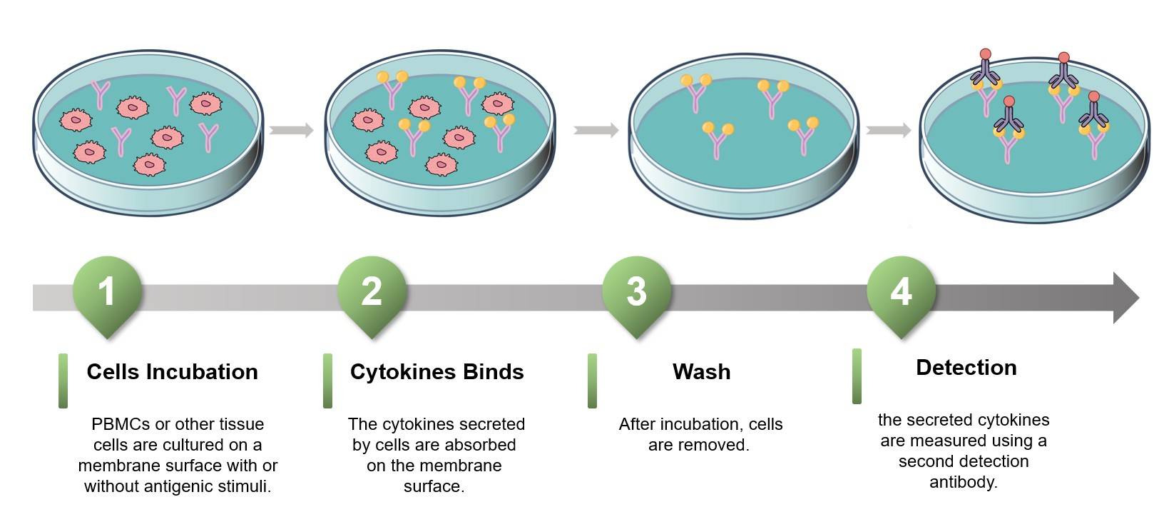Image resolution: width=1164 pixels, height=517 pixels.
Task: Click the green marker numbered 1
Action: (x=107, y=293)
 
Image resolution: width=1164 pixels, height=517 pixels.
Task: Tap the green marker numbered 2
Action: (x=372, y=293)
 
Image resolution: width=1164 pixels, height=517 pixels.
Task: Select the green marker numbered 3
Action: (x=636, y=293)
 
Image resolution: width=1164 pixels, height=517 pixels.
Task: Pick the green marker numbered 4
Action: (x=901, y=293)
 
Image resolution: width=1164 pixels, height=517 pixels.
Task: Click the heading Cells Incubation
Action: (x=172, y=372)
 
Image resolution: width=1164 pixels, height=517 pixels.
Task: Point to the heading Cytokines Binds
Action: (x=436, y=372)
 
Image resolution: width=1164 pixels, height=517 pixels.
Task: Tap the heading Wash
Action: (x=701, y=372)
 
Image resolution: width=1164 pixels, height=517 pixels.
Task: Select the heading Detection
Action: (x=966, y=368)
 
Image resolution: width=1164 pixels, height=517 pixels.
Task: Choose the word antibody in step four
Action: (x=963, y=483)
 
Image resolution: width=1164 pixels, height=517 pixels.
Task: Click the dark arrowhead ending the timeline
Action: (x=1125, y=297)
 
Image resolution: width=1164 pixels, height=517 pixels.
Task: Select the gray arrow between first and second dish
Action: (x=291, y=130)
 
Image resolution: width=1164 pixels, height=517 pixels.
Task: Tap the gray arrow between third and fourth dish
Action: (x=889, y=130)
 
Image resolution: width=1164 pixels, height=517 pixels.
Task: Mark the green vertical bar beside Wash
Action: (x=592, y=381)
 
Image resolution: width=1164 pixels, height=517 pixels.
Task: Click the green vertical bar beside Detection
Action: (x=857, y=376)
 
